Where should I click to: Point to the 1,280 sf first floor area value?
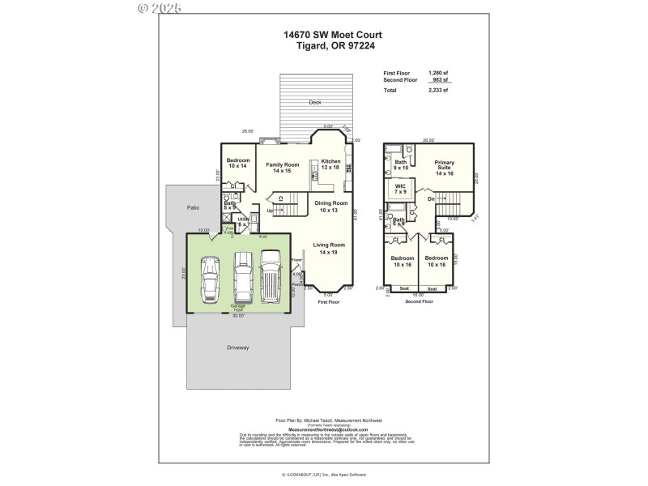click(438, 73)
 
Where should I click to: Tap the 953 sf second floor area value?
click(440, 80)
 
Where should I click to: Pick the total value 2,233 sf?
click(438, 91)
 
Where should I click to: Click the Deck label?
click(314, 103)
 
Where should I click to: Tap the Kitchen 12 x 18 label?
click(330, 164)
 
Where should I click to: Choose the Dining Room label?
click(331, 206)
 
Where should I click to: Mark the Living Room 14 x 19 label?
click(330, 248)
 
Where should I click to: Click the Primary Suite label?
click(444, 168)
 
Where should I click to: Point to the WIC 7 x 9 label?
click(400, 189)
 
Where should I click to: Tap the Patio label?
click(193, 208)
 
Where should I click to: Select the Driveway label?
click(238, 347)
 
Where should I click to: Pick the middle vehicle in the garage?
click(244, 276)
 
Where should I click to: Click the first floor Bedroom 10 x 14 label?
click(238, 163)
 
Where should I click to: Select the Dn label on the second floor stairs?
click(432, 198)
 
